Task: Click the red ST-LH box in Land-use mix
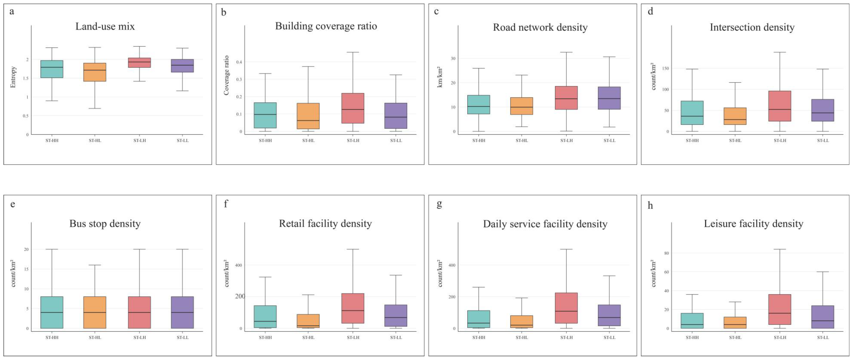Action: point(139,63)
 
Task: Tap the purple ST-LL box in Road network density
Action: point(609,98)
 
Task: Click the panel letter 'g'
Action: point(439,204)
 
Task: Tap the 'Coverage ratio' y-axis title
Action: point(226,75)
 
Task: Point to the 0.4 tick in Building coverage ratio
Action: point(239,62)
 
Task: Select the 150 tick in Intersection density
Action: point(665,69)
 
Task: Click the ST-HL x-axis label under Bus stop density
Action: point(95,338)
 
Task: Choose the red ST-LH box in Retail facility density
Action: point(353,308)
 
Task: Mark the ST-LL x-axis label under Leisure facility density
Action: point(823,338)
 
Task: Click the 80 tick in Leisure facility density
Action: point(666,253)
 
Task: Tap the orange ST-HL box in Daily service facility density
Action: point(522,322)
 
